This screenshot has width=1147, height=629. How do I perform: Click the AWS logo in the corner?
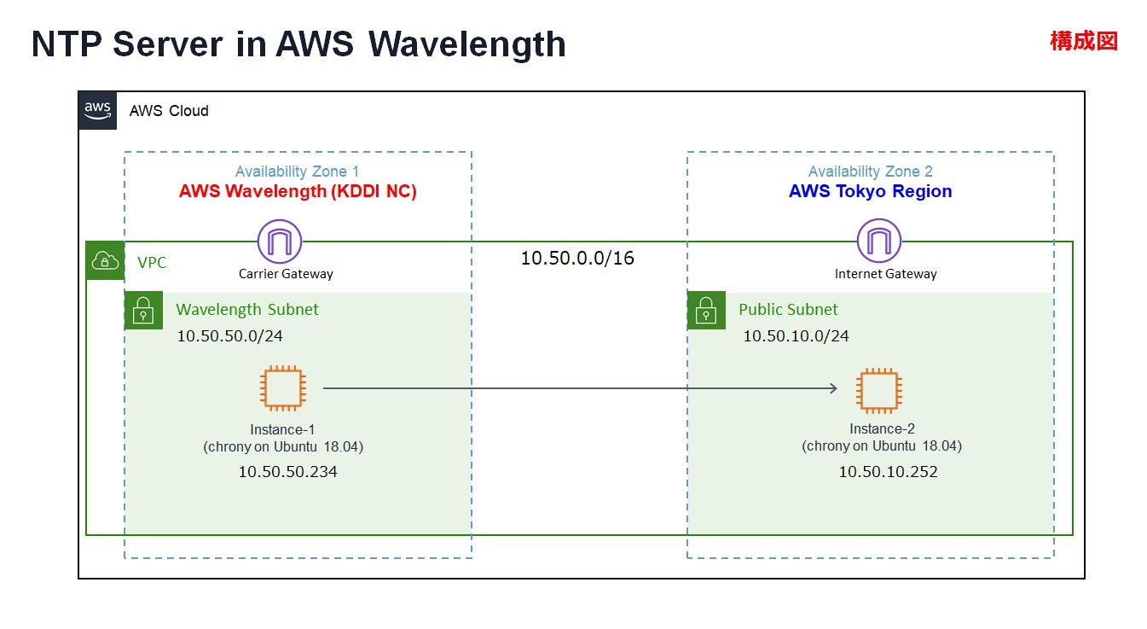97,110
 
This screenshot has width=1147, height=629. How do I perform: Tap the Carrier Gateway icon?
280,241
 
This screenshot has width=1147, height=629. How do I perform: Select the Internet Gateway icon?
879,241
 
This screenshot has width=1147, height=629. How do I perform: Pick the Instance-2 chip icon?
879,391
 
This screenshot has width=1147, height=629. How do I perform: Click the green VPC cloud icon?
106,261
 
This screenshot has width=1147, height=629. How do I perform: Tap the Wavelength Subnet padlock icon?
143,311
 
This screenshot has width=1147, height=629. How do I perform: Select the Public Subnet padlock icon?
706,311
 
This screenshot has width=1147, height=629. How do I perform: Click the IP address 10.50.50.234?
287,471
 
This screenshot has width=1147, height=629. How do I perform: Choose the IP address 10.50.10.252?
888,472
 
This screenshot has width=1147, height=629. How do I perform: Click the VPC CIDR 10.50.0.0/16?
577,258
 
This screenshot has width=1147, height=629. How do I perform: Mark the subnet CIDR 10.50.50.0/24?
229,335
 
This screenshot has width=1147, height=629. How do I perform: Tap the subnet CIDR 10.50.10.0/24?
796,336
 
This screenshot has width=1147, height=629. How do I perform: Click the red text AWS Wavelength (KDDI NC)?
298,191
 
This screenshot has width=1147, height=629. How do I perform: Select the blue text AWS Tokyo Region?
870,191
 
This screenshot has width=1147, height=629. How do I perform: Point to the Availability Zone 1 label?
297,172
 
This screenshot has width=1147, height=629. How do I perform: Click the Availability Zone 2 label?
870,172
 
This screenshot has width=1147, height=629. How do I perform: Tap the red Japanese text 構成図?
1083,40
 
